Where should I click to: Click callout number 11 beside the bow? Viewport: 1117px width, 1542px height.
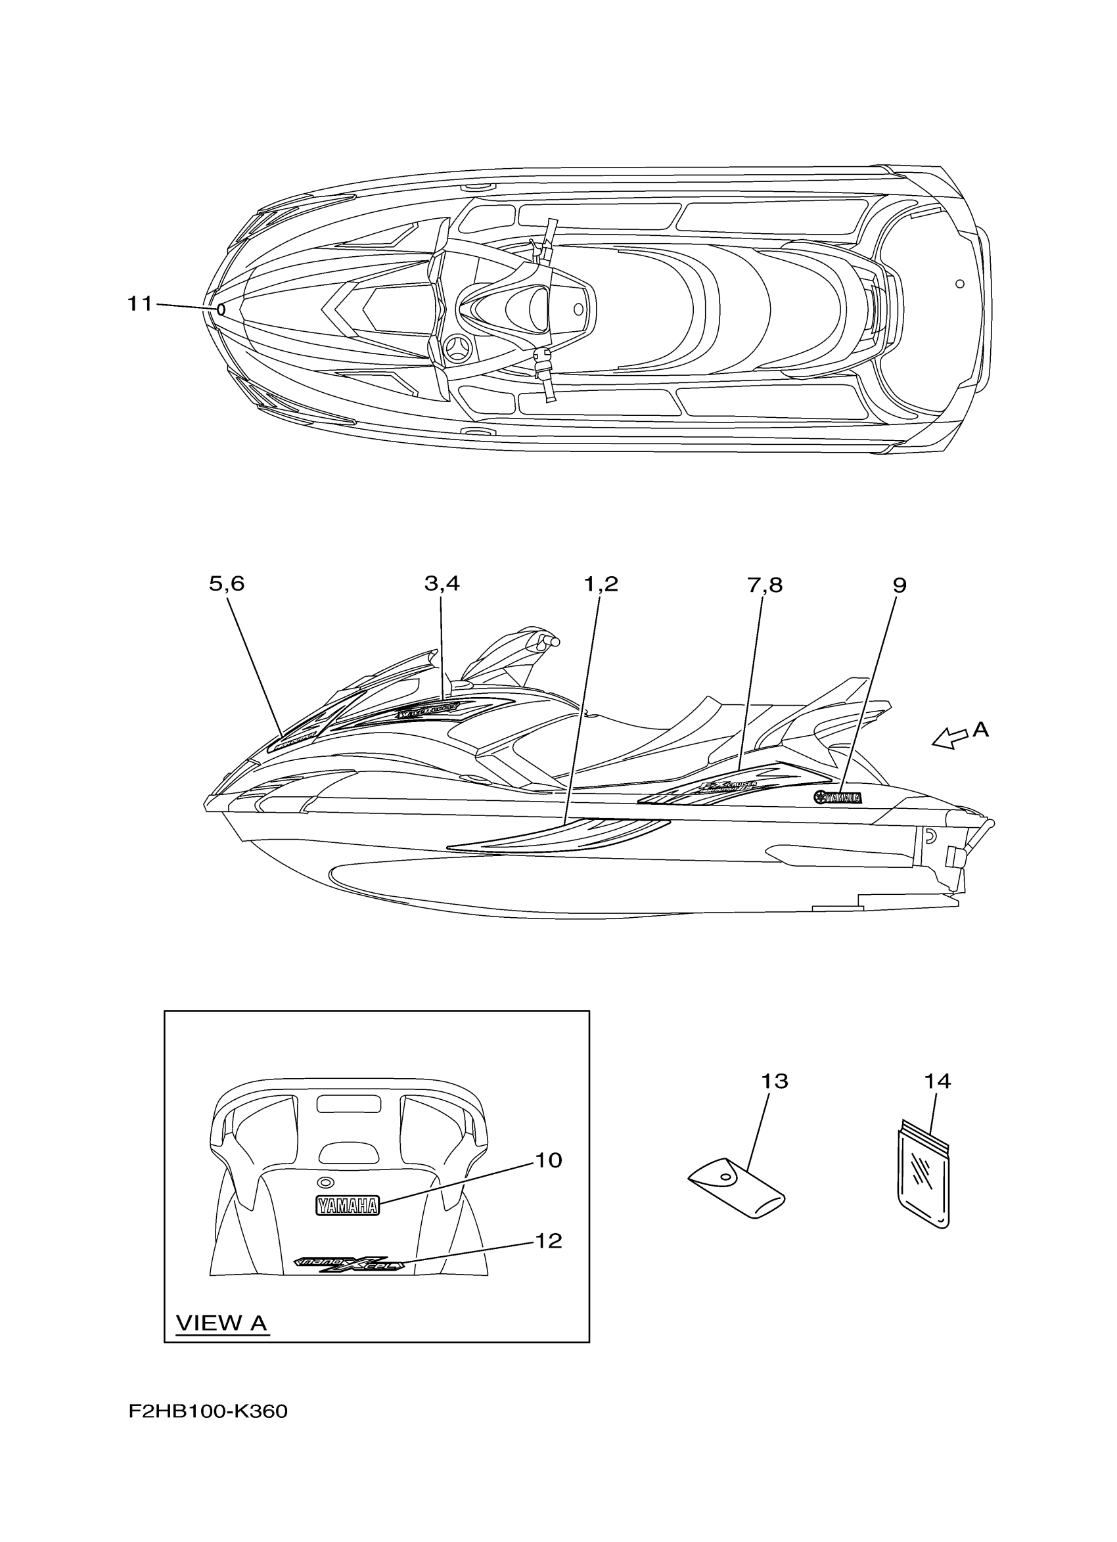click(140, 304)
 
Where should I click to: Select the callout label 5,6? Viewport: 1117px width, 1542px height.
click(227, 584)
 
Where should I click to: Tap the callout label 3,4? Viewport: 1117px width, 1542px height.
click(442, 584)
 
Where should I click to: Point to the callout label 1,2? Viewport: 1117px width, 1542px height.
click(601, 584)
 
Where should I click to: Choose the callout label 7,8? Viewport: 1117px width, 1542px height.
click(765, 585)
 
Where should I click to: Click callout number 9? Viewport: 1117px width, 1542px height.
click(899, 585)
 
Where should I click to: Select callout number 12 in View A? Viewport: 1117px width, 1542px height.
click(549, 1242)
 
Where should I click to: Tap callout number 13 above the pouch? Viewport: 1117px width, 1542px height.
click(773, 1081)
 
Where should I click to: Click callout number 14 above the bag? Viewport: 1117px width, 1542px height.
click(938, 1081)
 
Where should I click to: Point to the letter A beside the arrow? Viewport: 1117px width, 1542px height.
click(980, 730)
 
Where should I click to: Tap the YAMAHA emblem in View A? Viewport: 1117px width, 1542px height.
click(347, 1206)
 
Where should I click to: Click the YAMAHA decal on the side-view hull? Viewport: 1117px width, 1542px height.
click(838, 798)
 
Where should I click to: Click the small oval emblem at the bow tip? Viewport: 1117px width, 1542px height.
click(220, 309)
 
